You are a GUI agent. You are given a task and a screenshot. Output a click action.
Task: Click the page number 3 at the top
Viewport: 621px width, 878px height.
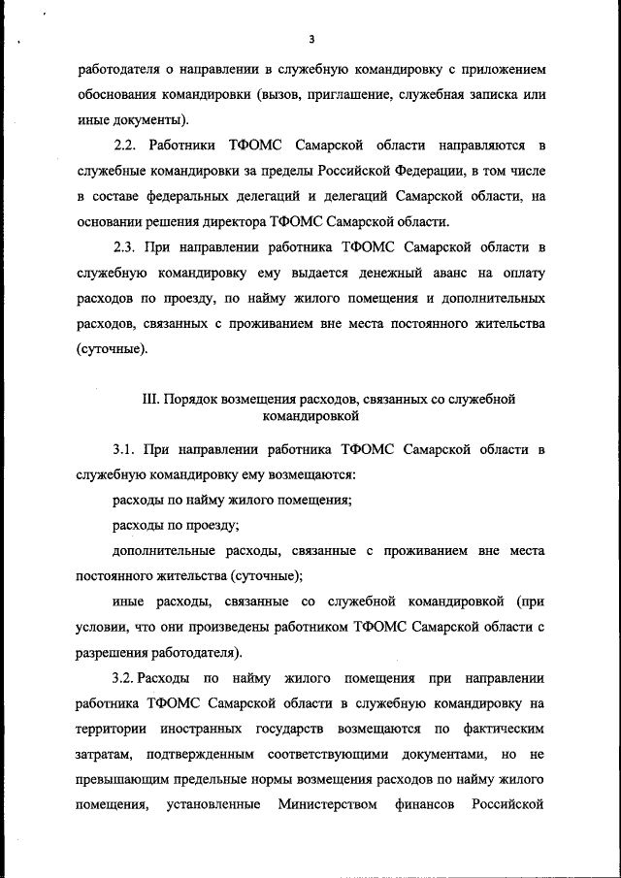point(310,40)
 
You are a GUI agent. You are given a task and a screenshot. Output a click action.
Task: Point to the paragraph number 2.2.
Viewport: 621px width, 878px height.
point(126,146)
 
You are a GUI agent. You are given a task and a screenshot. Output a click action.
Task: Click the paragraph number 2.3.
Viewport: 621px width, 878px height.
point(126,247)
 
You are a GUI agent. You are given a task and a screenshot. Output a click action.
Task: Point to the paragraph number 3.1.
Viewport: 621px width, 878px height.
point(126,450)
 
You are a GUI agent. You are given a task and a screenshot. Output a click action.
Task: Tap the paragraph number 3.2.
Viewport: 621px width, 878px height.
point(128,677)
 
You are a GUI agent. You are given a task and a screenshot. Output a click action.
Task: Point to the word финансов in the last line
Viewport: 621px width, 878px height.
point(423,803)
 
